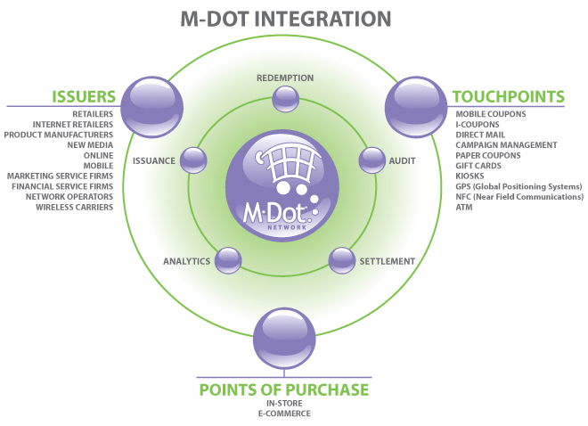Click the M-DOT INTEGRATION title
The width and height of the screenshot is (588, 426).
pos(285,18)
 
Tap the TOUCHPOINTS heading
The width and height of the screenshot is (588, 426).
pos(508,96)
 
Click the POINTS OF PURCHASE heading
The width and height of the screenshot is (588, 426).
pos(283,389)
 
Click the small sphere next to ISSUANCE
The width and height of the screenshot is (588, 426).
pos(192,160)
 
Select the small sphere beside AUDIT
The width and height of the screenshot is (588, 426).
pos(371,160)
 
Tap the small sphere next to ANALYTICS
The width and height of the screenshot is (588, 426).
pos(227,260)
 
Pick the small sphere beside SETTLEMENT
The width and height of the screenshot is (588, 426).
pos(342,260)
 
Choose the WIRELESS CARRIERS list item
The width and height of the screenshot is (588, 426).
pos(74,207)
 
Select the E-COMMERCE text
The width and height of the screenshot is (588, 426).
pos(282,414)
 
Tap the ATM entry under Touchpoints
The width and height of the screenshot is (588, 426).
pos(463,207)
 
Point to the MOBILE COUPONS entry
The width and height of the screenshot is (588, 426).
pos(491,114)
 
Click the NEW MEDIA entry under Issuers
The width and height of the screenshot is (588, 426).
pos(90,145)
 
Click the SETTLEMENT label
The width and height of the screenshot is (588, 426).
pos(387,261)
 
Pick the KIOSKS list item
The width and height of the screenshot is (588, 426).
pos(471,176)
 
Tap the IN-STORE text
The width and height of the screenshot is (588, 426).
pos(282,404)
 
